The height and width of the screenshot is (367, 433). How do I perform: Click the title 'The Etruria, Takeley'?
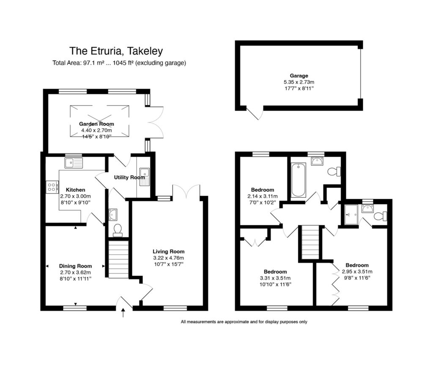(116, 51)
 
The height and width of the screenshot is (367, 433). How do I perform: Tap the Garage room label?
(299, 76)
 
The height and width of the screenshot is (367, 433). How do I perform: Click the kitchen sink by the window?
(74, 163)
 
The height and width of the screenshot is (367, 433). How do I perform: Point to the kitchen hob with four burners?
(52, 187)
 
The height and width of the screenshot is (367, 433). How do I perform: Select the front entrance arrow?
(123, 313)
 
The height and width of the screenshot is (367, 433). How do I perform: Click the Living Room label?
(168, 251)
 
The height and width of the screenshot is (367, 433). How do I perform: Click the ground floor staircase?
(118, 259)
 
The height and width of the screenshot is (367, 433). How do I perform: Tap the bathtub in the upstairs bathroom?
(298, 180)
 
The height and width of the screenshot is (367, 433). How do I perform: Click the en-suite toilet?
(380, 216)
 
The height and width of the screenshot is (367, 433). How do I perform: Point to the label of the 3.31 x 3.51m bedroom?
(275, 272)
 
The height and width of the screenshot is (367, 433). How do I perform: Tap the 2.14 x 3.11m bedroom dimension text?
(262, 196)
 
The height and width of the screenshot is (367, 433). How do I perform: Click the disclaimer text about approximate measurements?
(244, 322)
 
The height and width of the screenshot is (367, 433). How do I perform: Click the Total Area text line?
(119, 63)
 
